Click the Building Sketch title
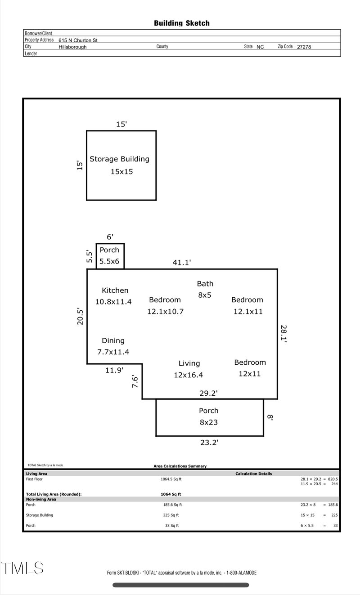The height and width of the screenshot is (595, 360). (x=181, y=23)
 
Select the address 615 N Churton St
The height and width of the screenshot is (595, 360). (x=78, y=40)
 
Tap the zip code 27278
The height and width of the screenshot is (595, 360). (x=304, y=47)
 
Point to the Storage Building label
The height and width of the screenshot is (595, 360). (x=119, y=159)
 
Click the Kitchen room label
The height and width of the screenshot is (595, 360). (x=115, y=291)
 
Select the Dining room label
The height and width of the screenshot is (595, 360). (x=113, y=341)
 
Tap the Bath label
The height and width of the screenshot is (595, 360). (x=205, y=284)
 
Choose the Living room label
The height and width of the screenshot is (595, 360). (x=189, y=363)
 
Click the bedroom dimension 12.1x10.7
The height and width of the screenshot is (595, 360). (x=165, y=311)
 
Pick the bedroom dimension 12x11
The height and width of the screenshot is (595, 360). (x=250, y=374)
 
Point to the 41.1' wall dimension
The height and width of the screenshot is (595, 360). (x=182, y=263)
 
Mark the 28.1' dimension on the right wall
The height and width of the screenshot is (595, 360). (x=283, y=334)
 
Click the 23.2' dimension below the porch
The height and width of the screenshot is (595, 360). (x=209, y=443)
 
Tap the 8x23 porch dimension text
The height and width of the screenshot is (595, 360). (x=209, y=422)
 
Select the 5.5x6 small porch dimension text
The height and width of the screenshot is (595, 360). (x=109, y=261)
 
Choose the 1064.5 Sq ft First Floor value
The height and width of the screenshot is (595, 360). (x=171, y=479)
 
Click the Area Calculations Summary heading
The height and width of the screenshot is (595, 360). (x=180, y=466)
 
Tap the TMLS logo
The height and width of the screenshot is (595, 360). (x=22, y=568)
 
